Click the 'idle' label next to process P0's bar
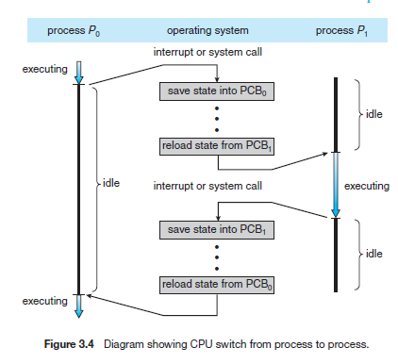click(108, 182)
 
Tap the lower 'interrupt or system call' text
click(207, 186)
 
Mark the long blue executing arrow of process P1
click(334, 184)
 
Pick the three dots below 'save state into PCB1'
click(218, 256)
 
